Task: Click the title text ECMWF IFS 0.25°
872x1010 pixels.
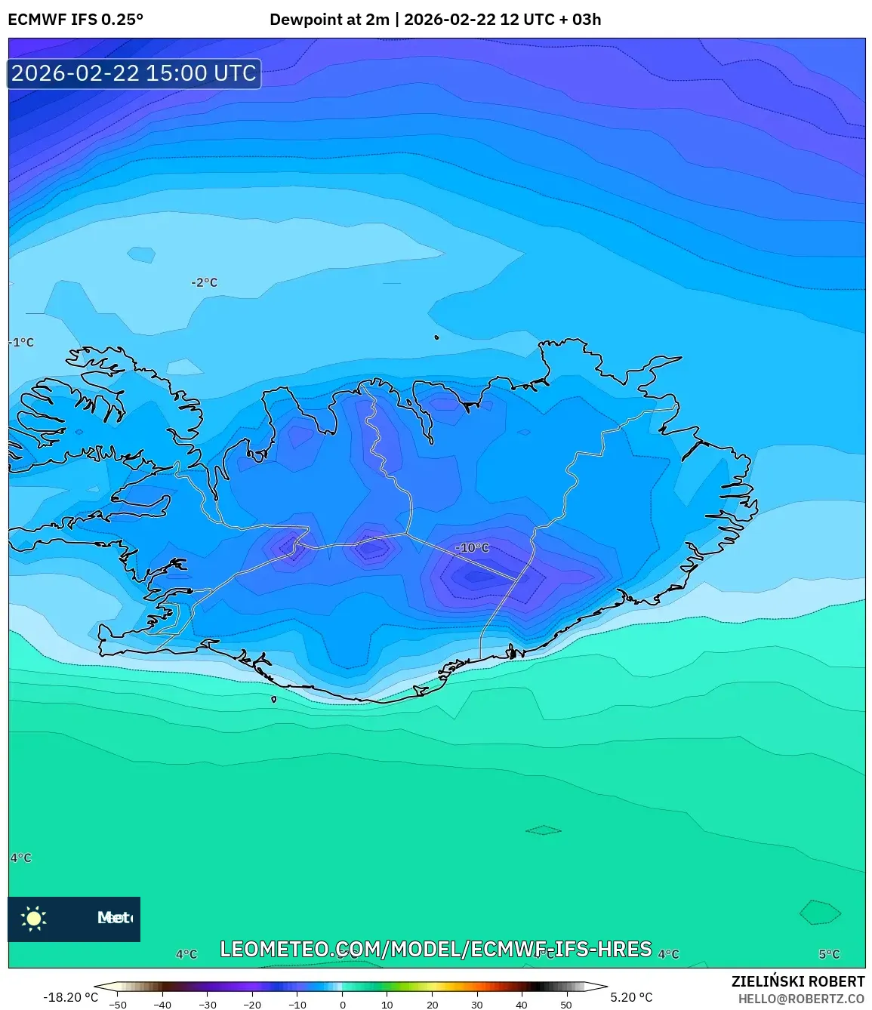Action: (75, 20)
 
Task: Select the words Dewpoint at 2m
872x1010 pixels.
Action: (329, 20)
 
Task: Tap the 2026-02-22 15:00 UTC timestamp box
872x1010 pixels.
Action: (134, 73)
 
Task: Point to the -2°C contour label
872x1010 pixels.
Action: (204, 282)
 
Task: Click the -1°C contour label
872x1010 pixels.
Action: (22, 342)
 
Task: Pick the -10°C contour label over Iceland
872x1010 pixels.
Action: (473, 547)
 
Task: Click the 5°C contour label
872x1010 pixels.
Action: (829, 954)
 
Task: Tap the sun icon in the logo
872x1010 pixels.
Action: (34, 918)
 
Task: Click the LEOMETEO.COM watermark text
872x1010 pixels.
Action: (436, 949)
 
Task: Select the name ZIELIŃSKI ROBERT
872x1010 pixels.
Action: (797, 981)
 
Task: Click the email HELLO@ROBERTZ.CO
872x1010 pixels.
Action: (801, 999)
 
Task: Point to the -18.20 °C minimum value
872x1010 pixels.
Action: (70, 997)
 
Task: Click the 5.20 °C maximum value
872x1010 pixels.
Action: (631, 997)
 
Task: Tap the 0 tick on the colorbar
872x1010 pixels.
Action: (342, 1005)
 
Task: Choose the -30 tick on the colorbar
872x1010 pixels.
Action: (207, 1005)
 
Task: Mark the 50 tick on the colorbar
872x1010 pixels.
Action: (566, 1005)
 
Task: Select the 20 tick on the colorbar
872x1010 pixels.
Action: (432, 1005)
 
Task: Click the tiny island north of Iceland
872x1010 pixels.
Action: (436, 337)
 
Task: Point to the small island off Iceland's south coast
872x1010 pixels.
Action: (274, 699)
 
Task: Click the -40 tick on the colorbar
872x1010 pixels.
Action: (162, 1005)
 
